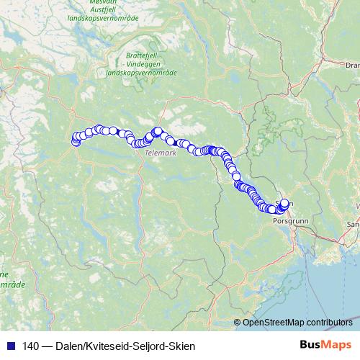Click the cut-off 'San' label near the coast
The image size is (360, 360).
(353, 225)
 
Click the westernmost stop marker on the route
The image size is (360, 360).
(75, 142)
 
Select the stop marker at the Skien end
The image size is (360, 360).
(284, 203)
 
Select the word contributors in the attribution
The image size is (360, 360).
(329, 322)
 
